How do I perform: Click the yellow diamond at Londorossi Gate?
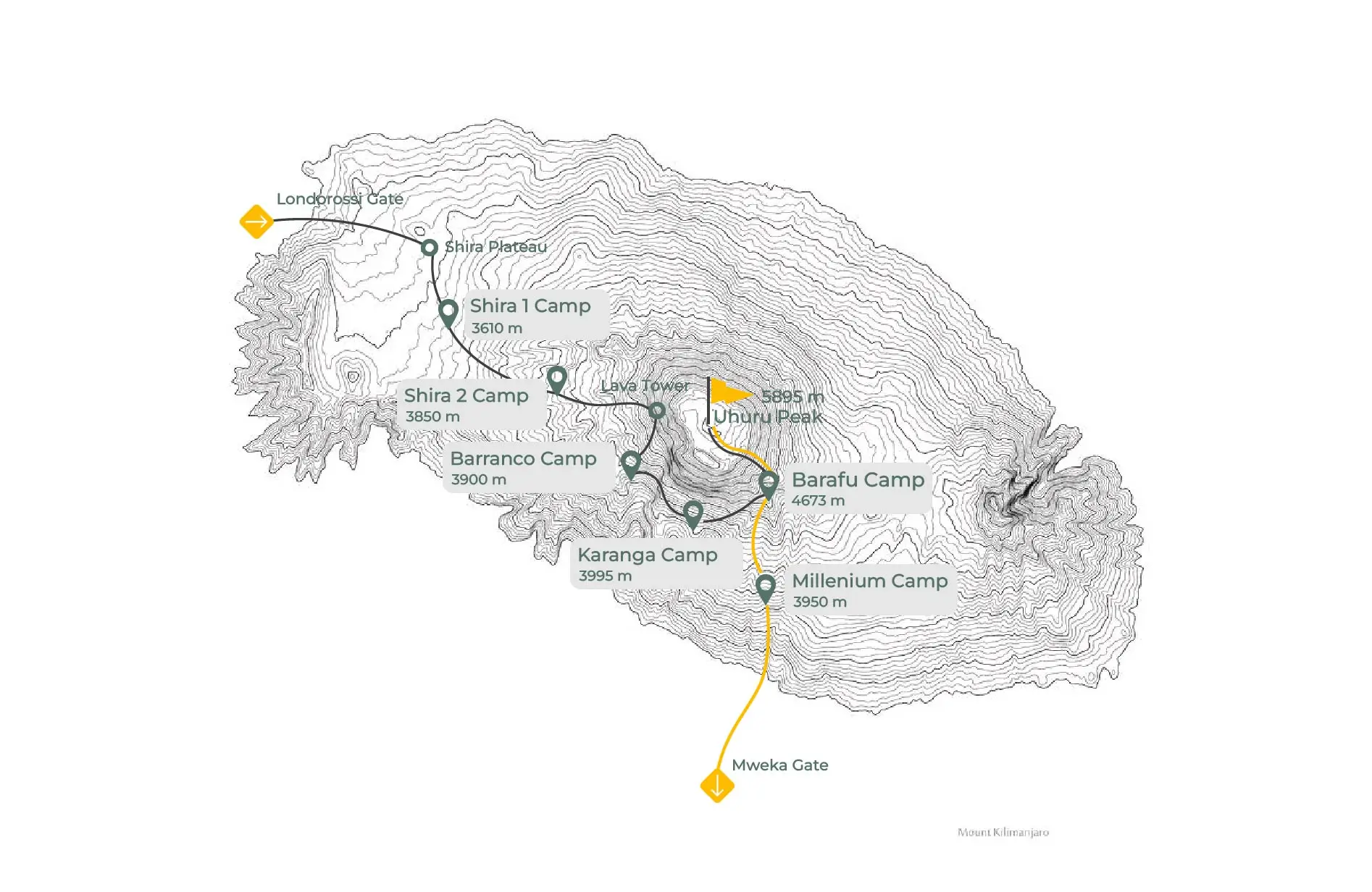(256, 221)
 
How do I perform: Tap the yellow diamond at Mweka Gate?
(717, 786)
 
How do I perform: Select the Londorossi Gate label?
(340, 199)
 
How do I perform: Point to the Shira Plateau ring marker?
(430, 248)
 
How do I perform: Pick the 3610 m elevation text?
(497, 328)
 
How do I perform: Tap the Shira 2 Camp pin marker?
(556, 379)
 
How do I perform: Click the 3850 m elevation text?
(432, 417)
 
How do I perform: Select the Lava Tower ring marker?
(657, 411)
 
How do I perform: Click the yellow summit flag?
(728, 392)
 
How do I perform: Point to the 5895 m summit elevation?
(792, 397)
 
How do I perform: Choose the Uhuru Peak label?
(768, 417)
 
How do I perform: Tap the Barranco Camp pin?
(631, 463)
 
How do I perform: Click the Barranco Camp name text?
(523, 459)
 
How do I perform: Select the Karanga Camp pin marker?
(693, 513)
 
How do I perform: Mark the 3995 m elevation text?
(605, 576)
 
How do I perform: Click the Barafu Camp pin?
(769, 483)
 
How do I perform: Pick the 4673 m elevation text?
(818, 501)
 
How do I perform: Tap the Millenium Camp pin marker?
(766, 586)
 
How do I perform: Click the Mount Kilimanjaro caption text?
(1003, 833)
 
